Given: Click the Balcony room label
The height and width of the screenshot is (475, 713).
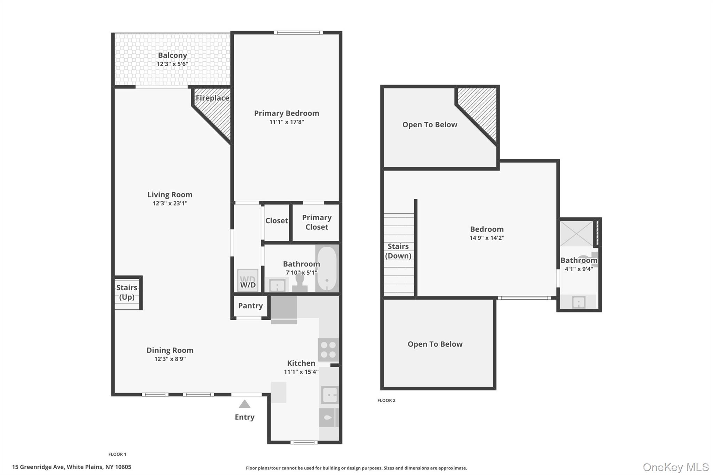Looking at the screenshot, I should [x=172, y=55].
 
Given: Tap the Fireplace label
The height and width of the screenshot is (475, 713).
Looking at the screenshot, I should [x=212, y=98].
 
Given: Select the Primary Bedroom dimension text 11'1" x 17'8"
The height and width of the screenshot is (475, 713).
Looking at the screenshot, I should [x=287, y=122].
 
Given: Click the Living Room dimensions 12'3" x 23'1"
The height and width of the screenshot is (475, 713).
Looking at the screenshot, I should [x=170, y=204].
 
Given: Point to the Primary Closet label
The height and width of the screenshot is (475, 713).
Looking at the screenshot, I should [x=316, y=222].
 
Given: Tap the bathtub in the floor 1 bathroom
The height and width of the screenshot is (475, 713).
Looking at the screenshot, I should [x=327, y=268].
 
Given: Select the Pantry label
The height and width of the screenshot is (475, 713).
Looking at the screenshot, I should [x=250, y=306].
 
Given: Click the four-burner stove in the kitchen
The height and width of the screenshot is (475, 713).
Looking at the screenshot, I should [x=328, y=350].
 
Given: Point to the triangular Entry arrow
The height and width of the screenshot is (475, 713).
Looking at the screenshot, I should [x=244, y=404].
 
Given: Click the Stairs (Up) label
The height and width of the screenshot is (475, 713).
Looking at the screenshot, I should [x=127, y=292].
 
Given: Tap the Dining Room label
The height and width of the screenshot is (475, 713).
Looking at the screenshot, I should [x=170, y=350].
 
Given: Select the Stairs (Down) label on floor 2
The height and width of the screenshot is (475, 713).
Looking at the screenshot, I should [x=398, y=251].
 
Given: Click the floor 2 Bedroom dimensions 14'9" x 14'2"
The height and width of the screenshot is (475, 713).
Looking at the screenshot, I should [x=487, y=238].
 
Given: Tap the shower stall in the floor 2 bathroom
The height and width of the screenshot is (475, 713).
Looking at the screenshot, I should [x=576, y=233].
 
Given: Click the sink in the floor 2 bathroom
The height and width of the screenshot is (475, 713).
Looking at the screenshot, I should [x=579, y=302].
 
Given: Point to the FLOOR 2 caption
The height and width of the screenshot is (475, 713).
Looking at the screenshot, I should [x=386, y=401].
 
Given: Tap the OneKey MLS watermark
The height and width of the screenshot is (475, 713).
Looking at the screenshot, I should [x=675, y=467].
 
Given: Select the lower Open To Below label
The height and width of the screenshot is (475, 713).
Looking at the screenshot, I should [x=435, y=344].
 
